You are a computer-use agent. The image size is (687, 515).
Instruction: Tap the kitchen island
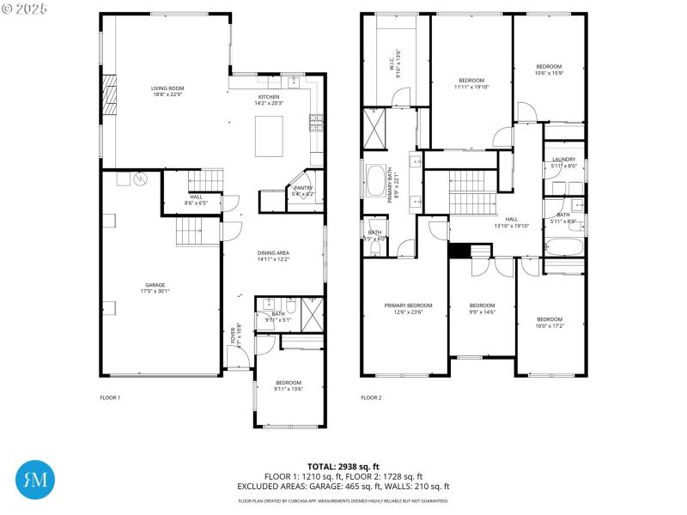tap(271, 134)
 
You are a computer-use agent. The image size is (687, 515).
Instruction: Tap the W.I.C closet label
tap(393, 63)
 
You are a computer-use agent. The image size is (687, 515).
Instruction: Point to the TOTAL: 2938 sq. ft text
tap(343, 466)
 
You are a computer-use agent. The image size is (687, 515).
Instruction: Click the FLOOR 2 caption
tap(371, 397)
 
